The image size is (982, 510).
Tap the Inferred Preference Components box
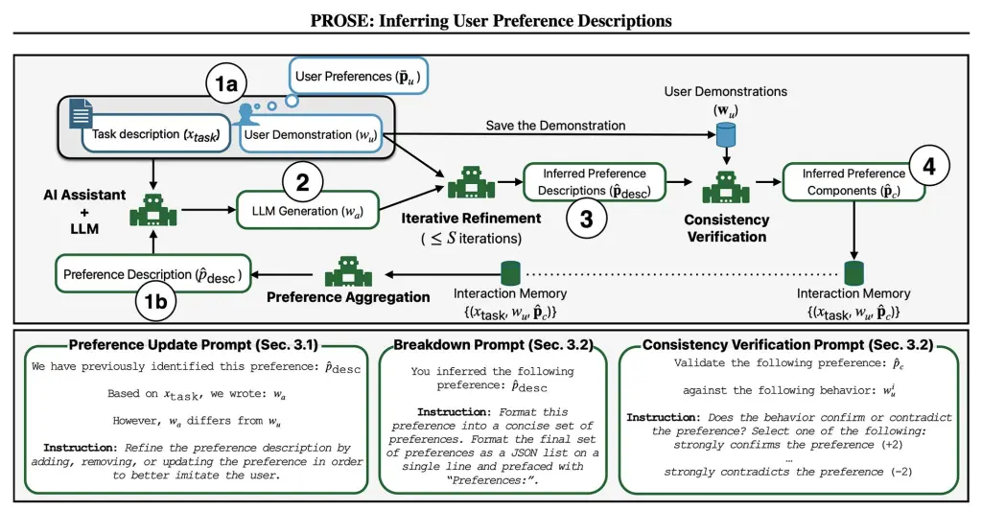point(854,181)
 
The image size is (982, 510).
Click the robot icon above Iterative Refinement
point(471,181)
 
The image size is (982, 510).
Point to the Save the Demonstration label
point(555,126)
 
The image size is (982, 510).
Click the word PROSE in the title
point(337,20)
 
